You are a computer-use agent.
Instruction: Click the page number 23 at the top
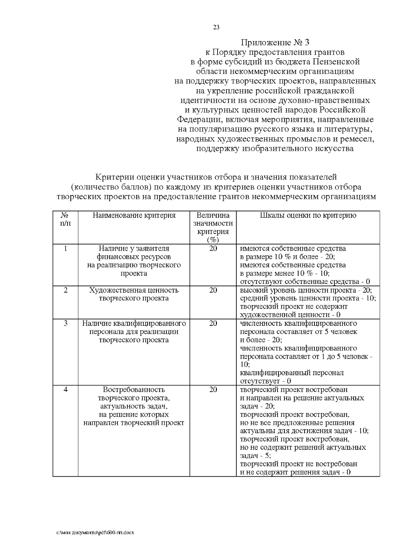pos(216,27)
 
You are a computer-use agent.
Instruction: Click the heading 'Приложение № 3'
pos(275,42)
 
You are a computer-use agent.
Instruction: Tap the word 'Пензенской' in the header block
pos(336,62)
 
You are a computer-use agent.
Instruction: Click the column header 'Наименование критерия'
pos(134,215)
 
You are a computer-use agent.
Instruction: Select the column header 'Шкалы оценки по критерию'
pos(308,215)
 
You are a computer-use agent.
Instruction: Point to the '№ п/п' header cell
pos(66,219)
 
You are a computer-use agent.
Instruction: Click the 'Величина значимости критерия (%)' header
pos(213,227)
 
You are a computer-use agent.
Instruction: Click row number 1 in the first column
pos(66,248)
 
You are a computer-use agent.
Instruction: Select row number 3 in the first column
pos(66,323)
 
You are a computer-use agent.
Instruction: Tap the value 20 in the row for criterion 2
pos(213,290)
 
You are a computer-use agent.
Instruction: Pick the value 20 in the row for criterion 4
pos(213,389)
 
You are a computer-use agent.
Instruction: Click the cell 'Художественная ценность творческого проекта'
pos(134,294)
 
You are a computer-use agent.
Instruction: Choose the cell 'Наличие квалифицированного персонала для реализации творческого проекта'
pos(134,331)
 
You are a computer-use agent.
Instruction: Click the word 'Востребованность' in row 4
pos(134,389)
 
